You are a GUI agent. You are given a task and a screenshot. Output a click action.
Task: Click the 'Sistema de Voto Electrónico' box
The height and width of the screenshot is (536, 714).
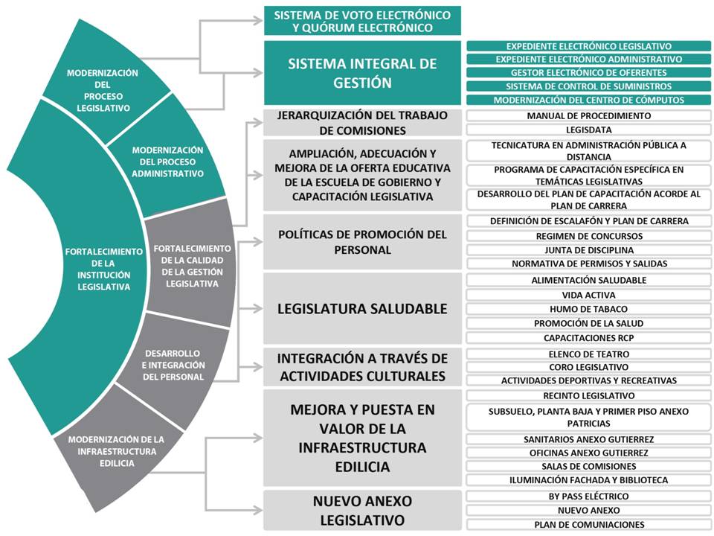tap(362, 21)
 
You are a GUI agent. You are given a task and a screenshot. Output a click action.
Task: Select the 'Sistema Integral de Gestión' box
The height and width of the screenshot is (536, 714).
tap(362, 73)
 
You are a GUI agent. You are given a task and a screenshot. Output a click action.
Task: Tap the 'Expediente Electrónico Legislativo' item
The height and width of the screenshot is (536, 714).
tap(589, 46)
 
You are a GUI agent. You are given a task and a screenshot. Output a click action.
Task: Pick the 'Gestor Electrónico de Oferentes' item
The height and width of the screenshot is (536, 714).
tap(589, 72)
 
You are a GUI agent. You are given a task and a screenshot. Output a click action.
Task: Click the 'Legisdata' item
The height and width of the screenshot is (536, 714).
tap(589, 130)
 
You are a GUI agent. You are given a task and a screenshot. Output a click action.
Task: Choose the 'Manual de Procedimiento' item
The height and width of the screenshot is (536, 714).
tap(589, 116)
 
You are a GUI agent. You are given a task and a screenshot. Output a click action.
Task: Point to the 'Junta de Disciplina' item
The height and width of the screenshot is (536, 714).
tap(589, 250)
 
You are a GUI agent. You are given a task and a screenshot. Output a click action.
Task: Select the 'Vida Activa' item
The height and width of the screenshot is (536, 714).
tap(589, 295)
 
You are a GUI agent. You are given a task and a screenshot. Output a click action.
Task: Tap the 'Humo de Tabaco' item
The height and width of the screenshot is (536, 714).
tap(589, 309)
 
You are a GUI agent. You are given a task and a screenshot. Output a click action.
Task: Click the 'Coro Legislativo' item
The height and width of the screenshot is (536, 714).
tap(589, 367)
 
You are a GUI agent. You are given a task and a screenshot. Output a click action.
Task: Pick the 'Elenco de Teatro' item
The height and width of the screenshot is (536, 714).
tap(589, 354)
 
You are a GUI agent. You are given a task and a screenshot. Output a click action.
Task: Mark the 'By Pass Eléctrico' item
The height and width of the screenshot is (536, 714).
tap(589, 497)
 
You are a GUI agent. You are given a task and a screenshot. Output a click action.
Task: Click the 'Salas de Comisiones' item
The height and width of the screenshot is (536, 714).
tap(589, 466)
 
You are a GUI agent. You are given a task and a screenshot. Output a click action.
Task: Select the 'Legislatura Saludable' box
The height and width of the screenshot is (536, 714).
tap(362, 308)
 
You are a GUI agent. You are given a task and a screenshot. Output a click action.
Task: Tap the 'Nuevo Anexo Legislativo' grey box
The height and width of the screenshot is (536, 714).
tap(362, 511)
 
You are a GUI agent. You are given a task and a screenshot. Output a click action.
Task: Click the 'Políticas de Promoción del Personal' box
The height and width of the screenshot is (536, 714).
tap(362, 242)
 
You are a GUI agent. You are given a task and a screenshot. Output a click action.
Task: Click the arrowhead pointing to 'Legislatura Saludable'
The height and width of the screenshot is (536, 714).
tap(259, 308)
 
